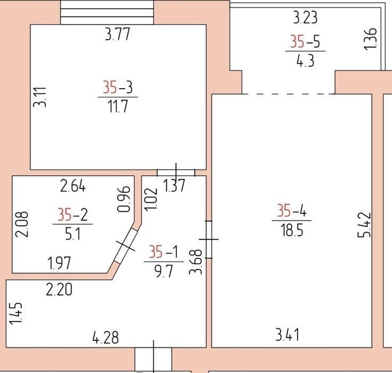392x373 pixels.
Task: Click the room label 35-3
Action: tap(118, 88)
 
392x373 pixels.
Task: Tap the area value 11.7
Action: tap(118, 106)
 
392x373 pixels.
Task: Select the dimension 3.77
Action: tap(117, 34)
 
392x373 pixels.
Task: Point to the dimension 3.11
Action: tap(40, 97)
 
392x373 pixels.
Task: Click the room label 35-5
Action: tap(305, 41)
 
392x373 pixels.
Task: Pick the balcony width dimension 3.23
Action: tap(305, 18)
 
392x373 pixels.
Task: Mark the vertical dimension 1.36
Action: tap(370, 39)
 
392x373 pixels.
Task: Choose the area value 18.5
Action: tap(292, 230)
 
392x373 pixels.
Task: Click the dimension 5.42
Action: tap(364, 225)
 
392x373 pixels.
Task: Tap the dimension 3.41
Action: tap(287, 335)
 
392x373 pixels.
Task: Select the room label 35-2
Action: tap(73, 215)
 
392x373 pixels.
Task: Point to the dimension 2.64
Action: tap(73, 186)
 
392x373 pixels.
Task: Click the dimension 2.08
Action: tap(22, 225)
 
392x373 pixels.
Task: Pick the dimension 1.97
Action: tap(59, 263)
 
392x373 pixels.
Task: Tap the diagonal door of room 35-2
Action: tap(126, 246)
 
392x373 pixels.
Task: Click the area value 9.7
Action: tap(164, 272)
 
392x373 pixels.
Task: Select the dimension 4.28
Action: tap(106, 337)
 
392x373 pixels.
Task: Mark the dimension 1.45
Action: tap(16, 314)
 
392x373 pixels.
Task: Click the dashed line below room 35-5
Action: tap(289, 94)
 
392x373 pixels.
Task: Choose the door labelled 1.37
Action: tap(176, 172)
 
